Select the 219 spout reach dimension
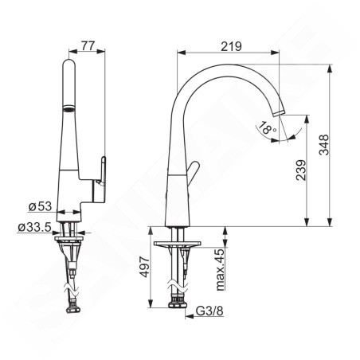230,46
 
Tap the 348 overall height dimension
323,144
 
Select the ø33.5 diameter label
35,228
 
